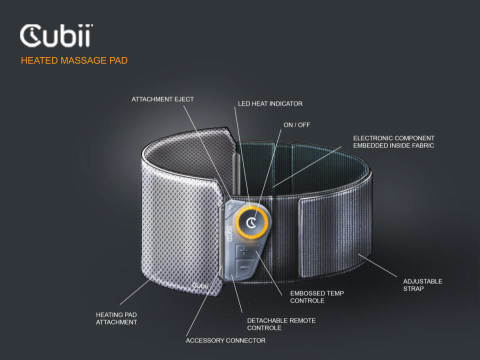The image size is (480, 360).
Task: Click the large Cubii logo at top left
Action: coord(56,36)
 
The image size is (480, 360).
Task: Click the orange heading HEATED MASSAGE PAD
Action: coord(74,61)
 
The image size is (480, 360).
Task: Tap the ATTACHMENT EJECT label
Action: coord(162,99)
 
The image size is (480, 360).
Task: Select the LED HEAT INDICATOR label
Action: coord(270,104)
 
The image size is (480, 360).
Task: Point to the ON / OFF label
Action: coord(296,124)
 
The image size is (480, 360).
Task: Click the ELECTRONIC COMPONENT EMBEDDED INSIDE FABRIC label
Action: coord(393,141)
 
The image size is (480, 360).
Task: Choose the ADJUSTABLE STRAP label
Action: coord(422,285)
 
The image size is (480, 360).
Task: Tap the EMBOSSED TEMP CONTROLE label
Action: coord(316,297)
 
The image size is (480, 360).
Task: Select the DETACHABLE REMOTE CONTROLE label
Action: coord(281,324)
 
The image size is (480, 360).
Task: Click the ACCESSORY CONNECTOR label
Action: coord(225,340)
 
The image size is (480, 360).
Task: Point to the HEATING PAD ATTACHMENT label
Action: coord(116,318)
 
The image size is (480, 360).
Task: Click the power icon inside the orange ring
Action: coord(252,220)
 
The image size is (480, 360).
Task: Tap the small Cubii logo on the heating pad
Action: coord(203,285)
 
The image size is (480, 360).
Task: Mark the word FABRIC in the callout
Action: coord(423,145)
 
